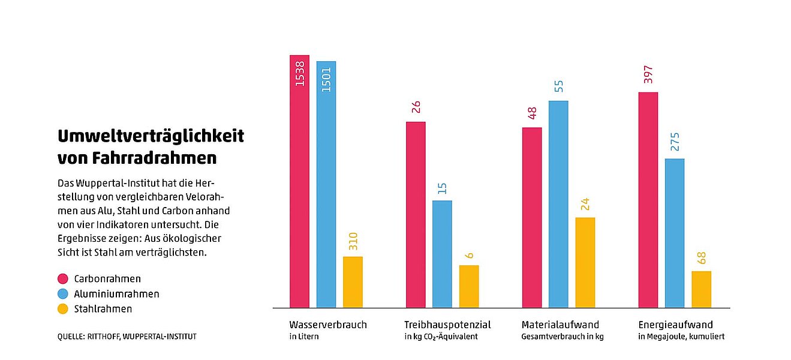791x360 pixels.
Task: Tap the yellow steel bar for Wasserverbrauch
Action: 353,282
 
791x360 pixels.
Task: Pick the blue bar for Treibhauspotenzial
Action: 442,254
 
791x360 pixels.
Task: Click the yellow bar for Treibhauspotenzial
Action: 469,286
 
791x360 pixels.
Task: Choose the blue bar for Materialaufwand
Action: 558,204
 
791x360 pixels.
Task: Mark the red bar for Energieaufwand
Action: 648,200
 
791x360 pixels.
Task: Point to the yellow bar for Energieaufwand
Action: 701,289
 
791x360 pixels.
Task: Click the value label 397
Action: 648,74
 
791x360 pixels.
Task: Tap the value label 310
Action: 353,241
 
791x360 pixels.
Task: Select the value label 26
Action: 416,107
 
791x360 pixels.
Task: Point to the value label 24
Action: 585,203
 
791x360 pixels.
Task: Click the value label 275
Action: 675,142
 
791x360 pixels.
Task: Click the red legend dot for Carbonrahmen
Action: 63,278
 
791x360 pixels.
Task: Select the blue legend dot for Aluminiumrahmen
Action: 63,294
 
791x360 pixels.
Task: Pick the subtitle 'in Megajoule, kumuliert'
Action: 681,337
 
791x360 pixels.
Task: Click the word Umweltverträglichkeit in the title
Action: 151,136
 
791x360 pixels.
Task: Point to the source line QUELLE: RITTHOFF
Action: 127,337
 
